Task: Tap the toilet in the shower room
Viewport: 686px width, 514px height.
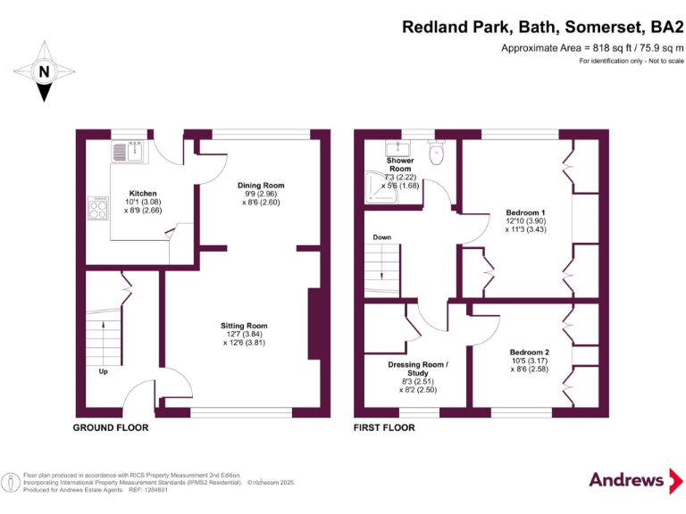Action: pos(436,154)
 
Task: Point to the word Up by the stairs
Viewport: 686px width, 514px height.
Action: pos(103,371)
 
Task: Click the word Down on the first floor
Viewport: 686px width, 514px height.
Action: pos(381,238)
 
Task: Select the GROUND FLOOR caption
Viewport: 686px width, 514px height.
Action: pos(110,428)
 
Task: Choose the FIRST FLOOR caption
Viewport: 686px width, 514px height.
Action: pos(384,428)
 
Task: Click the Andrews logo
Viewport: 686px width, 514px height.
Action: pos(626,480)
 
